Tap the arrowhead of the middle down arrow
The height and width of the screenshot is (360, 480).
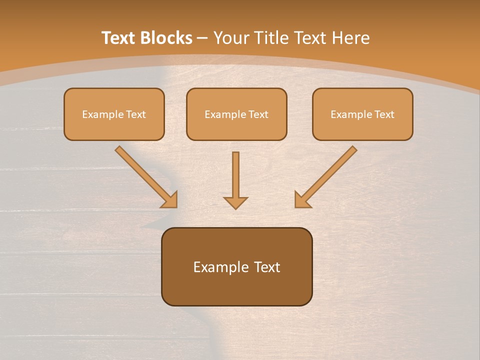click(235, 202)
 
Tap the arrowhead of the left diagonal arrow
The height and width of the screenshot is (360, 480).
click(170, 200)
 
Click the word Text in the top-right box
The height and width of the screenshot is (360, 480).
click(384, 114)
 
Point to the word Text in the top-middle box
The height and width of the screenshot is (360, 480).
click(258, 114)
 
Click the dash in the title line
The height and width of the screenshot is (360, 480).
click(202, 38)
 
